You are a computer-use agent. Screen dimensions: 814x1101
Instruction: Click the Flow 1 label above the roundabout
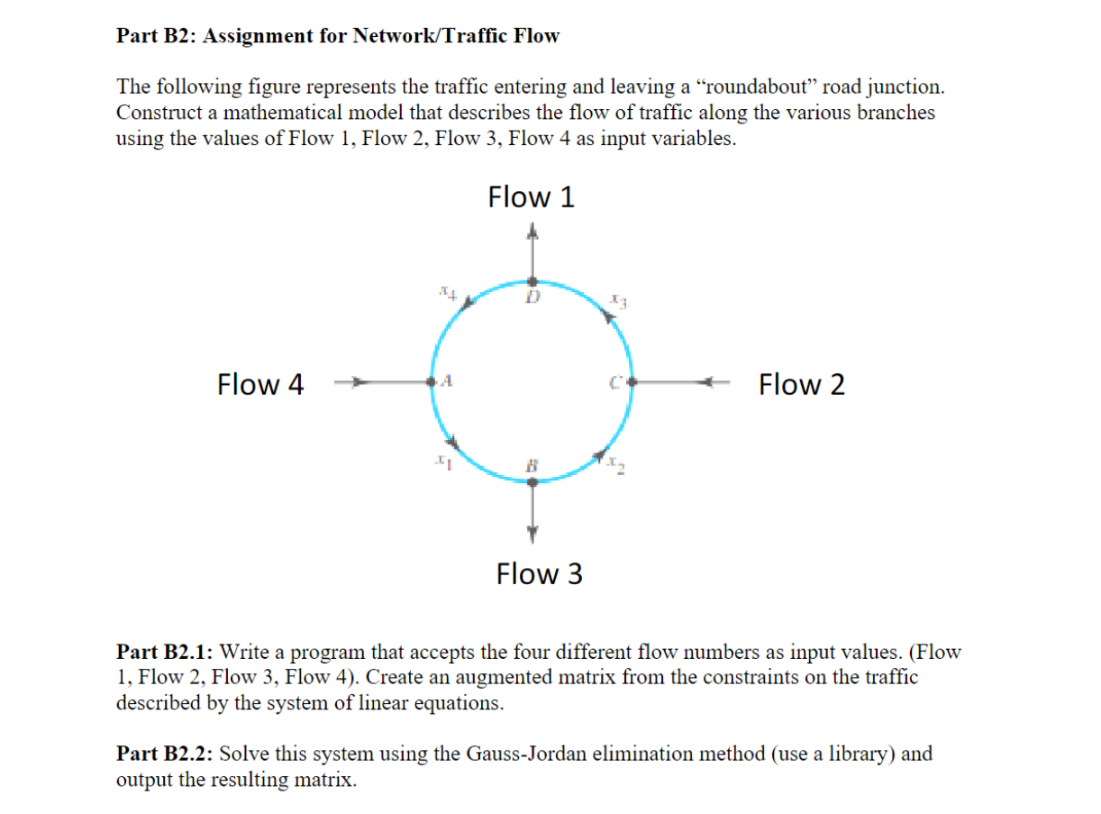tap(531, 197)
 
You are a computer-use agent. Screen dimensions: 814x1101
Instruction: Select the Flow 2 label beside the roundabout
tap(801, 385)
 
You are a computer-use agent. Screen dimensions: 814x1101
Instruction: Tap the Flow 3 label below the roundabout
tap(539, 573)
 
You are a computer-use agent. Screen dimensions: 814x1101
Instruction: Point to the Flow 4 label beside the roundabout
tap(260, 385)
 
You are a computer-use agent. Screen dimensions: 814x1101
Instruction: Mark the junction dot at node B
tap(532, 482)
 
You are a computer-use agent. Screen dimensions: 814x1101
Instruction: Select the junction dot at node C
tap(632, 383)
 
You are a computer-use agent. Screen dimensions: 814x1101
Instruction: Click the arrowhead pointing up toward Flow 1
tap(532, 233)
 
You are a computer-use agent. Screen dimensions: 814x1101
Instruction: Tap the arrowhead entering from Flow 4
tap(358, 383)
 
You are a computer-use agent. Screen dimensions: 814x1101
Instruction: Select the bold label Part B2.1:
tap(165, 652)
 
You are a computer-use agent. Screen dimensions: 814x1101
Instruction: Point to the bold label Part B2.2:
tap(165, 754)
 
